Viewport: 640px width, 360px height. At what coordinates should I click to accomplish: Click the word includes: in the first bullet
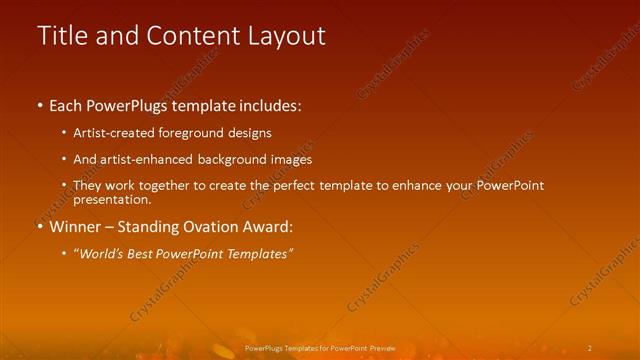point(267,105)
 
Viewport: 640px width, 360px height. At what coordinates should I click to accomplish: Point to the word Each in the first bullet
point(67,105)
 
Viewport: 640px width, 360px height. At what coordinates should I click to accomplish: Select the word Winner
point(76,226)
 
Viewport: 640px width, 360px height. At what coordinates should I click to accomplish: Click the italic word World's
point(102,254)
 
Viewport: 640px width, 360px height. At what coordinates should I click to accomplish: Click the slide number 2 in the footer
point(590,348)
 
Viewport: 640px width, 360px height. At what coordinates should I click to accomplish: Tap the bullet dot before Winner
point(40,226)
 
